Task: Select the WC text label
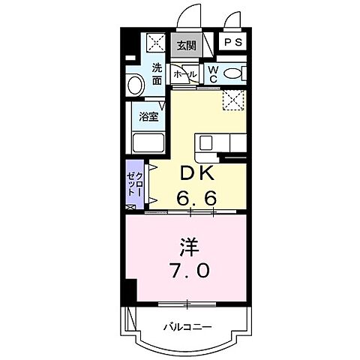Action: [212, 73]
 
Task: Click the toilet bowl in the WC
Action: [233, 73]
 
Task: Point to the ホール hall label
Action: [184, 75]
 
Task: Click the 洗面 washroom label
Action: [157, 72]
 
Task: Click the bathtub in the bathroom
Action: [148, 142]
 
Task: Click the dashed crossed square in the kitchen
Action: [233, 100]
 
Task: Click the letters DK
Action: [194, 173]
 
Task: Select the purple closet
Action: [133, 184]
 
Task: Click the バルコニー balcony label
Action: [187, 326]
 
